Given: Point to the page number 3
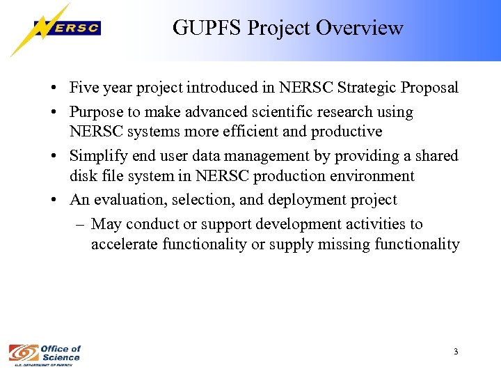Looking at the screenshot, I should point(455,352).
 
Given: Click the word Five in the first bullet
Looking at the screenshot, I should point(84,88).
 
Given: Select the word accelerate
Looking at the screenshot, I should point(124,244).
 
